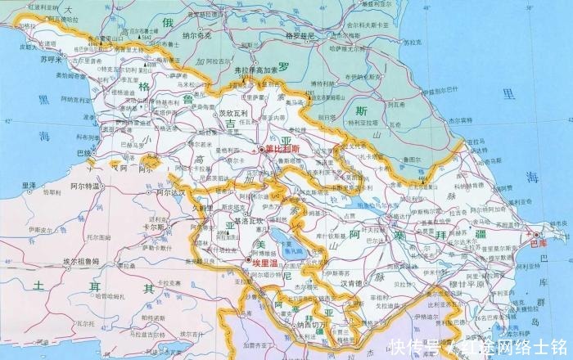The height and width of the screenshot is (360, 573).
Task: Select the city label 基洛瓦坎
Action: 247,221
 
